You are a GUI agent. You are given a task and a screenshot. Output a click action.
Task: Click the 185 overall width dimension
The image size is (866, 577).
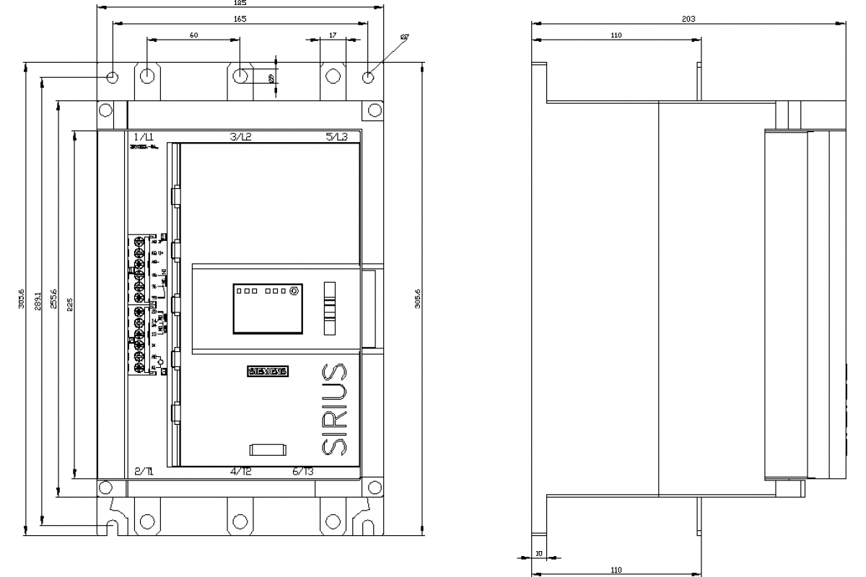(240, 3)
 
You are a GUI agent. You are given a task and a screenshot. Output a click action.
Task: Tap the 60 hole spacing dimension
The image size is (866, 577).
(193, 34)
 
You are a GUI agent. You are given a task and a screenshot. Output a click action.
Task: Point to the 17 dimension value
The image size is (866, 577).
(332, 34)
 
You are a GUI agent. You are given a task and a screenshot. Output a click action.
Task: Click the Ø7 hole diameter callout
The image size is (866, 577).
(404, 36)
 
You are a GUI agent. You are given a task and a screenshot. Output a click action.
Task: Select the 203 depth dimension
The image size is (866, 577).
(688, 19)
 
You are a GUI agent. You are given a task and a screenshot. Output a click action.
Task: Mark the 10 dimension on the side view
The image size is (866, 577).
(538, 554)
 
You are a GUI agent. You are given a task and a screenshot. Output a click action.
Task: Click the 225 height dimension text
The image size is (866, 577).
(69, 304)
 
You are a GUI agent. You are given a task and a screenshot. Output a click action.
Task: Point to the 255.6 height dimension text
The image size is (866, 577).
(53, 299)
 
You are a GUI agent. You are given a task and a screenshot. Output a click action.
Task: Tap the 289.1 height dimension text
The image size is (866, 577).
(38, 301)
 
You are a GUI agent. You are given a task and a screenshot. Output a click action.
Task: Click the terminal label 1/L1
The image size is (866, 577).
(144, 136)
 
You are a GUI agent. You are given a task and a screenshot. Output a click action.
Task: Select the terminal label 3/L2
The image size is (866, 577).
(240, 136)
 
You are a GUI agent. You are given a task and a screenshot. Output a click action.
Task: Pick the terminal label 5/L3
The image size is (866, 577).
(336, 136)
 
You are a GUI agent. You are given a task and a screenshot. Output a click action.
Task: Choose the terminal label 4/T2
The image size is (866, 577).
(241, 472)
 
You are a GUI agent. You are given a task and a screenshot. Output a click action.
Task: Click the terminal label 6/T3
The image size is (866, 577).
(303, 472)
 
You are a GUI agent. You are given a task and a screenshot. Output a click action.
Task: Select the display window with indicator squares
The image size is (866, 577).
(267, 309)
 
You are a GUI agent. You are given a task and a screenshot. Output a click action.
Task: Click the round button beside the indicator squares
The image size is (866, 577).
(294, 291)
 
